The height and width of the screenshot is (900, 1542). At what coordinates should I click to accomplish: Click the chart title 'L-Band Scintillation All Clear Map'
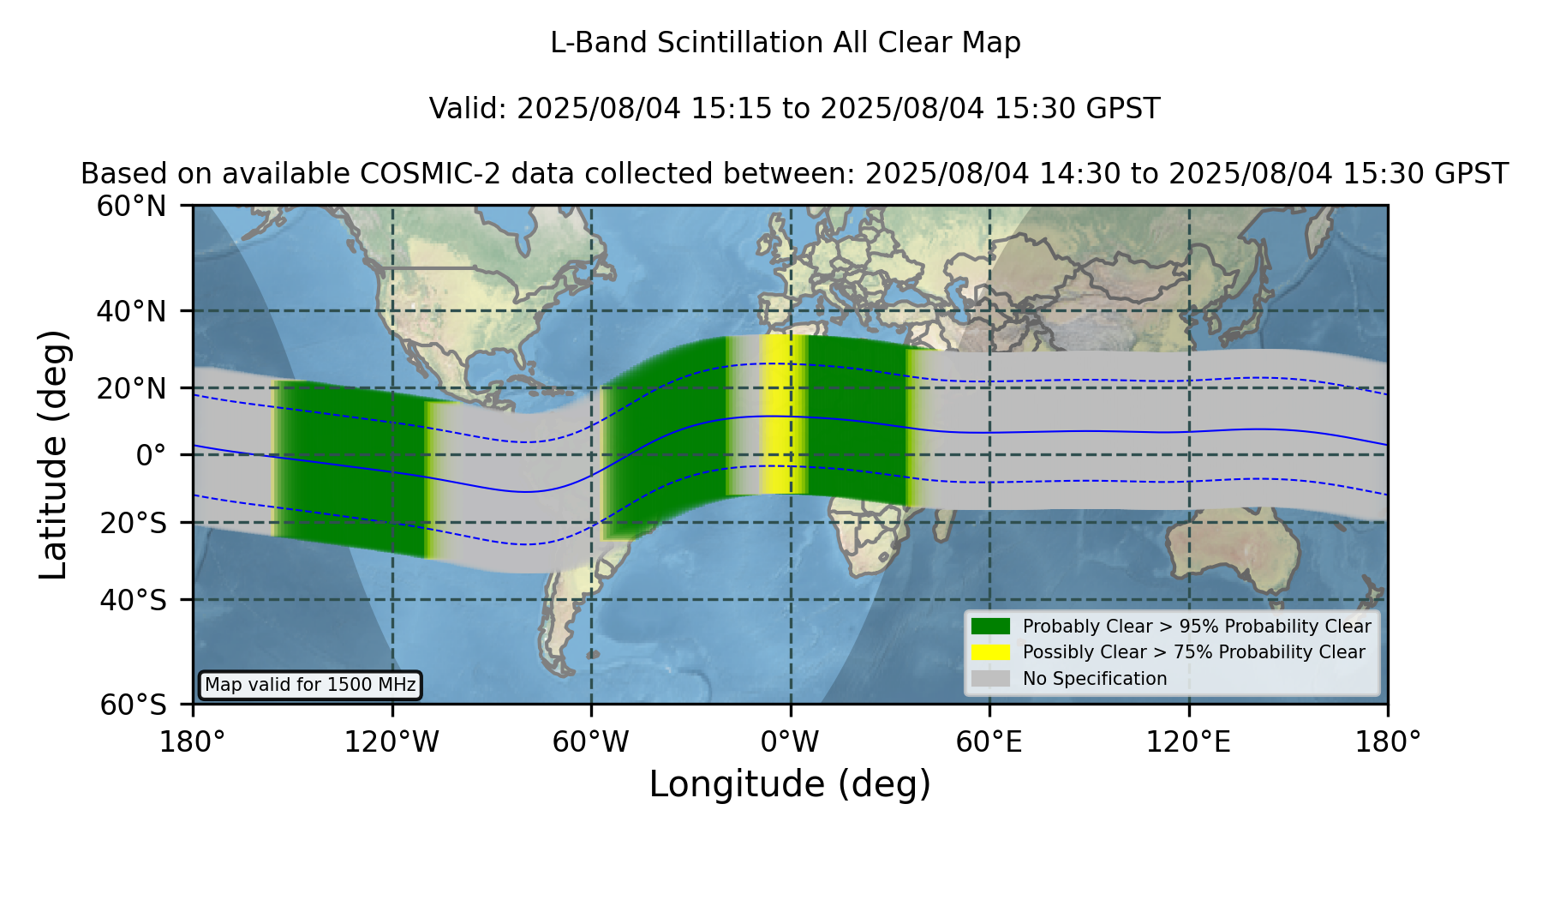786,43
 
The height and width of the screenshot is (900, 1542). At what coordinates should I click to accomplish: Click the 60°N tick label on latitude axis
131,207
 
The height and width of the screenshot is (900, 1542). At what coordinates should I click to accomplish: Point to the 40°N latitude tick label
131,311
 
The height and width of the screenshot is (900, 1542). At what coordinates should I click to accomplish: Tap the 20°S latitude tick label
133,523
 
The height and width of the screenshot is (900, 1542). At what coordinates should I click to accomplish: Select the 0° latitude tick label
151,455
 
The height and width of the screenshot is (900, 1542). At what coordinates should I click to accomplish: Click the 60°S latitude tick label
133,705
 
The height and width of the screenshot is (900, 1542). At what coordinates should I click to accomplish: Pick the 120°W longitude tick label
391,741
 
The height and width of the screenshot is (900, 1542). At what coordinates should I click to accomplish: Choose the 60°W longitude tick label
591,741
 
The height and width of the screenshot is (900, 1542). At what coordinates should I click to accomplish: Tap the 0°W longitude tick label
790,741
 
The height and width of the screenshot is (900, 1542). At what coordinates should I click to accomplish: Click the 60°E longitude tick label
989,741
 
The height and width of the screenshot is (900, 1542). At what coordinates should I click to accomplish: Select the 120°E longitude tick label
1189,741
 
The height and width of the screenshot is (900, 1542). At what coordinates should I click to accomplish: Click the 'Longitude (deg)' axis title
790,784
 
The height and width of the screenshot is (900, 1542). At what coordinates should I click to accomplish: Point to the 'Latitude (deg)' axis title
53,454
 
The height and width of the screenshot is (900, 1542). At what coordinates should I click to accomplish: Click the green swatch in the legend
990,627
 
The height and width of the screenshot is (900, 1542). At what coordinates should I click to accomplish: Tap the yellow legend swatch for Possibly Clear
990,652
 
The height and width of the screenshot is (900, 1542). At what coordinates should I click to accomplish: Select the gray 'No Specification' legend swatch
990,679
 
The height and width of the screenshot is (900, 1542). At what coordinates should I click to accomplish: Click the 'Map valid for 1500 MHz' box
310,685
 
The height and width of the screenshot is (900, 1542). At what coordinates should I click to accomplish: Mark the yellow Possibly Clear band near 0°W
782,415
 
